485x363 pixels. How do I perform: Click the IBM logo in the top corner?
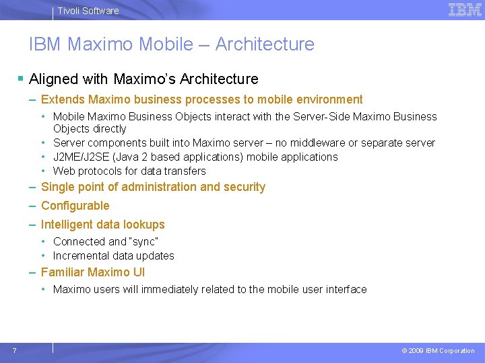click(465, 9)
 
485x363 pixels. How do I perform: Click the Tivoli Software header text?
click(88, 11)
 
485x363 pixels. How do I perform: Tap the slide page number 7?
click(14, 350)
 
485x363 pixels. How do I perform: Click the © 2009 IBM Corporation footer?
click(438, 351)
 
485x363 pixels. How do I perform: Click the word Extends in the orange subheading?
click(63, 99)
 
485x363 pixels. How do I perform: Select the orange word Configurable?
click(75, 206)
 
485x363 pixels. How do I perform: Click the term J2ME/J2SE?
click(83, 157)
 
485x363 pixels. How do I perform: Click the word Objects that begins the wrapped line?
click(71, 128)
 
